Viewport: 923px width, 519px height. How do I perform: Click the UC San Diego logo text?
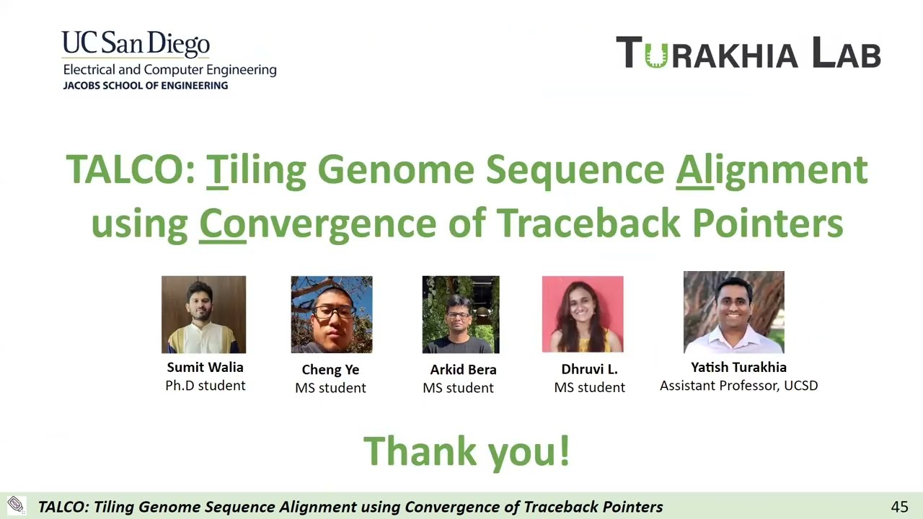tap(136, 44)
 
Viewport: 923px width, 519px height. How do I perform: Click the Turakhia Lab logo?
tap(748, 53)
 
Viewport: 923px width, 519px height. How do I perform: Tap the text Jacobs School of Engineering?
tap(145, 85)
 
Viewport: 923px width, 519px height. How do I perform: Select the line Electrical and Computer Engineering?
tap(169, 70)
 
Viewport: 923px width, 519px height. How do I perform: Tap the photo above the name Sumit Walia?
tap(203, 314)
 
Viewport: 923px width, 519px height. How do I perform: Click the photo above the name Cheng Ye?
tap(332, 314)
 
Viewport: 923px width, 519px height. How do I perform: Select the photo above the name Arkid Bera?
tap(461, 314)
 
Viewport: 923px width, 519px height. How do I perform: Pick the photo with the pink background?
tap(583, 314)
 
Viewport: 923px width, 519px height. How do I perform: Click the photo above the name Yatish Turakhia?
tap(733, 312)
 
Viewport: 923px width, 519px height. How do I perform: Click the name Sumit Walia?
tap(205, 368)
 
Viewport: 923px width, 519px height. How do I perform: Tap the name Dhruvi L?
tap(589, 369)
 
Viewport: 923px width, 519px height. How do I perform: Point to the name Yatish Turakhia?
tap(738, 368)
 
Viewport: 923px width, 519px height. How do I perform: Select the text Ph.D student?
tap(205, 386)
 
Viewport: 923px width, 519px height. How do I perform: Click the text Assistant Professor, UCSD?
tap(738, 386)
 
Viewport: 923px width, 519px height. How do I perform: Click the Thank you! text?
tap(467, 451)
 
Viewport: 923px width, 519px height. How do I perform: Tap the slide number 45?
tap(899, 507)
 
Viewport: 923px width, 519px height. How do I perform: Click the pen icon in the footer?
tap(15, 505)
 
